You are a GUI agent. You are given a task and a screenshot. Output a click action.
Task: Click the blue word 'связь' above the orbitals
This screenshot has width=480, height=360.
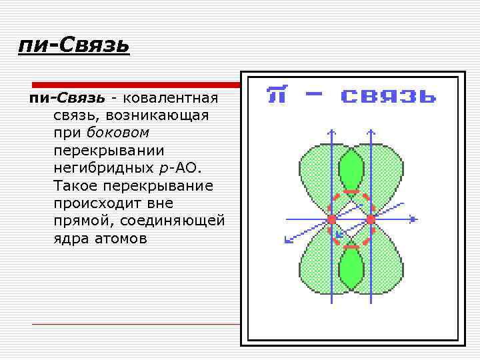[x=389, y=95]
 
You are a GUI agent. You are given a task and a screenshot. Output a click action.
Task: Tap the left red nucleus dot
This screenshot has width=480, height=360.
[x=331, y=219]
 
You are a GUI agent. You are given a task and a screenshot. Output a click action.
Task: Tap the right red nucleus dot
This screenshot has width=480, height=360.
[x=371, y=219]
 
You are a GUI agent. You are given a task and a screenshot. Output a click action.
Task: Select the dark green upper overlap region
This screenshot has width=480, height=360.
[x=351, y=169]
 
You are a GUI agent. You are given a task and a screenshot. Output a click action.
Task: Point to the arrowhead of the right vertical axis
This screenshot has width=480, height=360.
[x=371, y=131]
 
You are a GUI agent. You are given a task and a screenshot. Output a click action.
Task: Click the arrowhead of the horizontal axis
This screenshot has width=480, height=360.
[x=414, y=219]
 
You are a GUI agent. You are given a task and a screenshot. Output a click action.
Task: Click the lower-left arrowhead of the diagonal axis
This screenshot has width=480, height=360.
[x=287, y=241]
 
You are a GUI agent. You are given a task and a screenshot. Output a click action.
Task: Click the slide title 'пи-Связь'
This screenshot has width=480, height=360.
[x=74, y=45]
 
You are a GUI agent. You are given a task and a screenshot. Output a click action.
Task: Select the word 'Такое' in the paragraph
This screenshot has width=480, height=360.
[x=75, y=185]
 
